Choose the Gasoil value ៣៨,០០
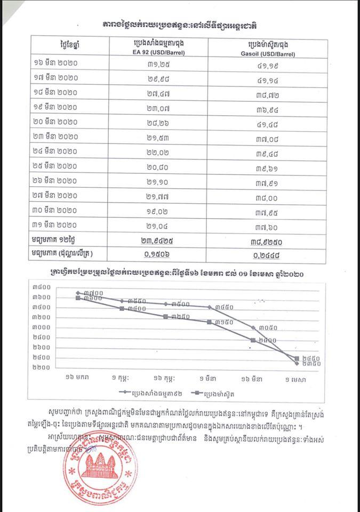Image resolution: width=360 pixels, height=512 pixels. click(x=271, y=198)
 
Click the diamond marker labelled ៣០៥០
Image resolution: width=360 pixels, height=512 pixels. click(x=253, y=327)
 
